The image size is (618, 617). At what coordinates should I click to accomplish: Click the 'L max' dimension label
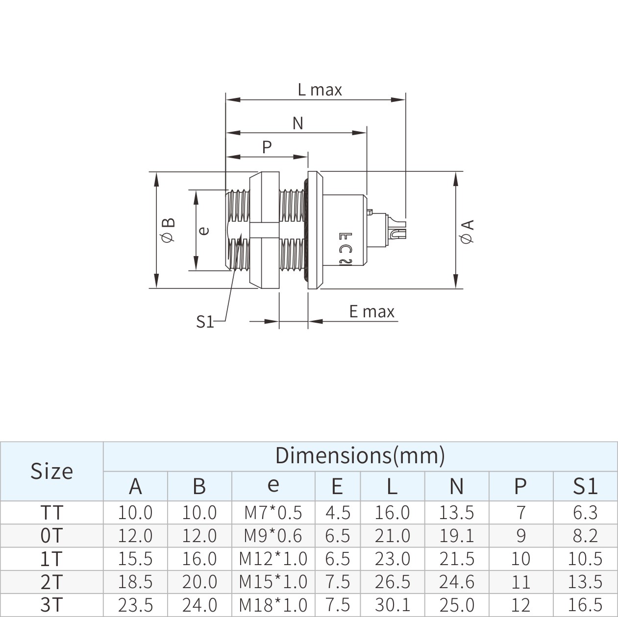320,90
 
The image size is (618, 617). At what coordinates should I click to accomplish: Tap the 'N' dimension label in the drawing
298,123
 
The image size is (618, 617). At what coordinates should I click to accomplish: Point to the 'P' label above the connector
267,147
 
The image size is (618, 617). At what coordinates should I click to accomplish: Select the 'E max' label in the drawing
371,311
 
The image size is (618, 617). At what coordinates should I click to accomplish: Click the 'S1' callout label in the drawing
205,322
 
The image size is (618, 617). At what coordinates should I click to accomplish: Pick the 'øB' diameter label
168,230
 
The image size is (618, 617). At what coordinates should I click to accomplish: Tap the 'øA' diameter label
467,232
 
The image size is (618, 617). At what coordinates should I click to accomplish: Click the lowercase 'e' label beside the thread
204,231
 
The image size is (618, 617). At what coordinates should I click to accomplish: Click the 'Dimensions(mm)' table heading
360,455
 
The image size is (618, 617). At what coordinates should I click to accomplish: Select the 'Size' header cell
51,471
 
